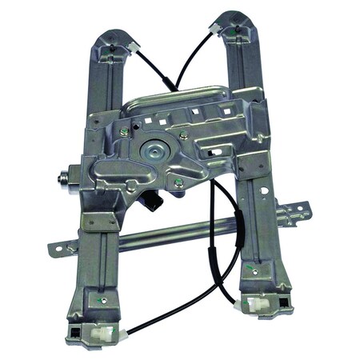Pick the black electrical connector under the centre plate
coord(155,204)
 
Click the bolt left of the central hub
coord(124,132)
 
